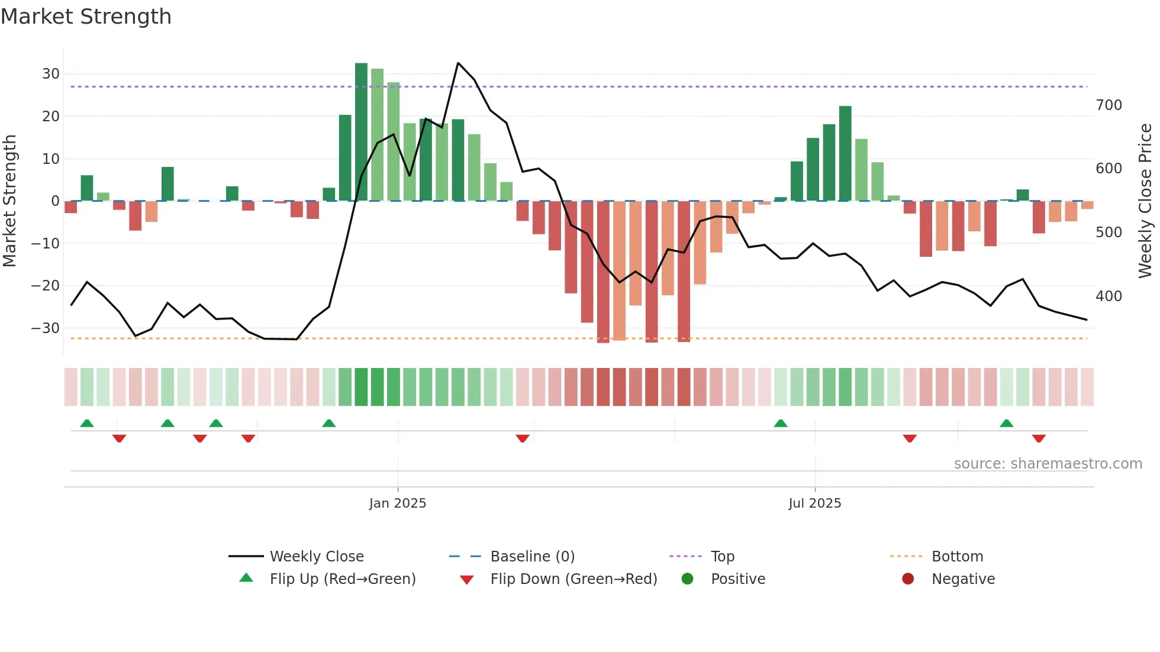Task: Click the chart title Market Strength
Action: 86,17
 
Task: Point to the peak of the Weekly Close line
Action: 458,63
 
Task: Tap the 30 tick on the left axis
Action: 51,74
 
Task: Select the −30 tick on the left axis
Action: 46,328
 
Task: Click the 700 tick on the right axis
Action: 1109,105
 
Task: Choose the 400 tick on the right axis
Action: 1109,296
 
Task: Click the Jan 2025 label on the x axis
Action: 397,503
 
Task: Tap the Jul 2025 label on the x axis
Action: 814,503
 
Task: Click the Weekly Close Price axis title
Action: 1145,201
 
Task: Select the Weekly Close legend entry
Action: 316,556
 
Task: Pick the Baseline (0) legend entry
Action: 532,556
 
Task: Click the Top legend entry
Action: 722,556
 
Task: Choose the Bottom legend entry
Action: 957,556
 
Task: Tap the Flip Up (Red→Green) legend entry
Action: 342,579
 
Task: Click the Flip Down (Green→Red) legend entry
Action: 573,579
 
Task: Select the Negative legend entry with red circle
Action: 962,579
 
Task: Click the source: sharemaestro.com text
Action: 1048,464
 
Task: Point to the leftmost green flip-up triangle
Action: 87,423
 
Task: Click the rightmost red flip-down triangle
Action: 1039,438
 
